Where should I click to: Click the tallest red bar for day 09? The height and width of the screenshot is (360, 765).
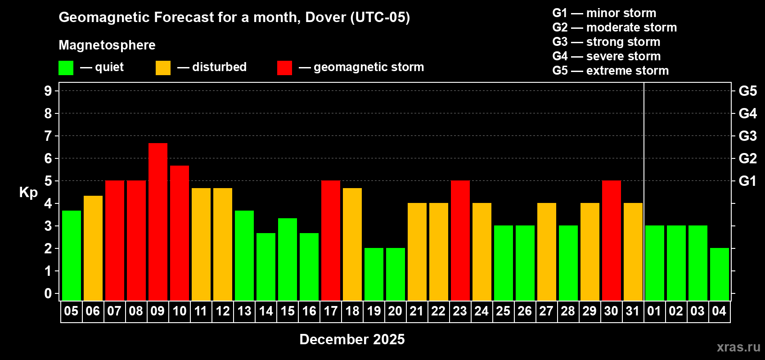coord(158,221)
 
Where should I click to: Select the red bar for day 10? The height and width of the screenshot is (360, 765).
coord(180,233)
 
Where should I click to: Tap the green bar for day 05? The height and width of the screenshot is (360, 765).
coord(72,255)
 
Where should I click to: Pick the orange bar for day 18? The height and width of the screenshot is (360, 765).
coord(352,244)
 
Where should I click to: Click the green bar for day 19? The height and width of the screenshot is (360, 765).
coord(374,274)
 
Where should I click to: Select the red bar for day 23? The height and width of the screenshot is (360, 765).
coord(460,240)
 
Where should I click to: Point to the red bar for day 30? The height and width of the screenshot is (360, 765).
coord(612,240)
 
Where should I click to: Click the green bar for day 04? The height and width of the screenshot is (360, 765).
coord(720,274)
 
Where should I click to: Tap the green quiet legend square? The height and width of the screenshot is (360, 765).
coord(66,68)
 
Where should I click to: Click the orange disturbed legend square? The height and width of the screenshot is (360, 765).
coord(163,68)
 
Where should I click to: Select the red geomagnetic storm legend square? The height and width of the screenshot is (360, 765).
coord(284,68)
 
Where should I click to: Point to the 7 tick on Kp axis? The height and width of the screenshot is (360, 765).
coord(48,136)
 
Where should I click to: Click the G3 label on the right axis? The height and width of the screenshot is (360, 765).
coord(747,136)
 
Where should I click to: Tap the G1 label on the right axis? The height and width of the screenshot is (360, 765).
coord(747,181)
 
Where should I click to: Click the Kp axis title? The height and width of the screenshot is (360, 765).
coord(28,193)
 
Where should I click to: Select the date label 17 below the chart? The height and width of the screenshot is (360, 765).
coord(331,311)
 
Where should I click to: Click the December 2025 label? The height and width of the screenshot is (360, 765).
coord(352,339)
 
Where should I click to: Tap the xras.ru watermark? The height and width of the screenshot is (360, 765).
coord(738,347)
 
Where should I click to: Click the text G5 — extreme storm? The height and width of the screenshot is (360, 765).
coord(610,71)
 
